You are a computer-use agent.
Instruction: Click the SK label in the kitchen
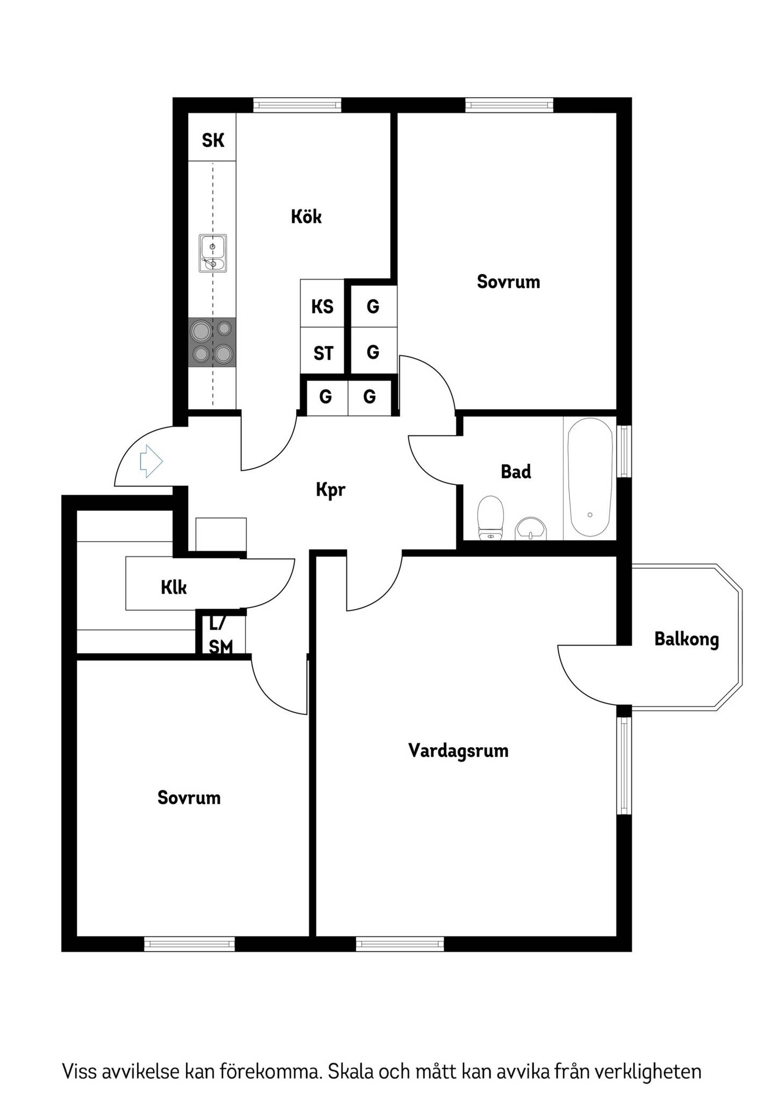pos(213,141)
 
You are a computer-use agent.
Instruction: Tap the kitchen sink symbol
pos(213,253)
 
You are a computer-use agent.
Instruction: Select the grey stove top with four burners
pos(212,342)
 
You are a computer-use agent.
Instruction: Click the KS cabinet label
pos(322,307)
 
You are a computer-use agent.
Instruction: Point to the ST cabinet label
pos(323,353)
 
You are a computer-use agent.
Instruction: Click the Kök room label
pos(306,217)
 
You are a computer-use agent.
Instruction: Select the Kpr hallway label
pos(330,490)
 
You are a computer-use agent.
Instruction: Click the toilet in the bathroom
pos(491,517)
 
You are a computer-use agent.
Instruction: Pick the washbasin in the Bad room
pos(530,529)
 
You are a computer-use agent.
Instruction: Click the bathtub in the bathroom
pos(590,477)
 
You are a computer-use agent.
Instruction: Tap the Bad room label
pos(516,472)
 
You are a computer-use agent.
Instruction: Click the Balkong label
pos(687,640)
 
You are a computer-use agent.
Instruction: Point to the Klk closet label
pos(174,588)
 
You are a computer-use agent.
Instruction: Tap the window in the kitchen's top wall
pos(297,105)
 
